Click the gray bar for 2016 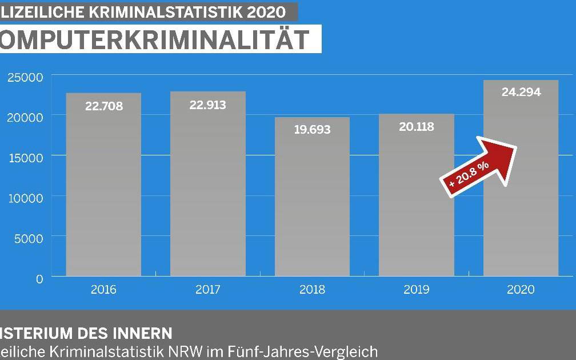103,189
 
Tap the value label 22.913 207,105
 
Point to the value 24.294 521,92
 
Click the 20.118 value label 416,127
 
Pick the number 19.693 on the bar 312,130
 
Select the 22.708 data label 103,106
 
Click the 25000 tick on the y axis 25,77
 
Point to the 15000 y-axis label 25,158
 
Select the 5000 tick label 28,238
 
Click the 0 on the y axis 39,279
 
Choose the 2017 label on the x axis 207,290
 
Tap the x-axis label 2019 416,290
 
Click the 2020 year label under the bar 521,290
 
